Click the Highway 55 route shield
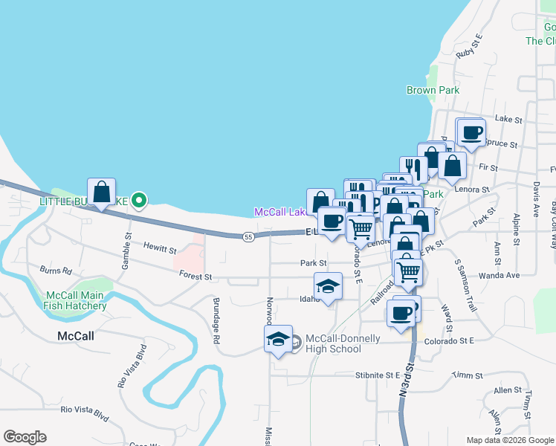click(249, 236)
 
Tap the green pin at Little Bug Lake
click(138, 199)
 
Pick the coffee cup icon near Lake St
click(471, 132)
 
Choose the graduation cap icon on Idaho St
click(328, 286)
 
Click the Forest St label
click(195, 277)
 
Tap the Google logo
click(25, 437)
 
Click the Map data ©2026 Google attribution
click(511, 440)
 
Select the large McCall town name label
click(76, 336)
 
